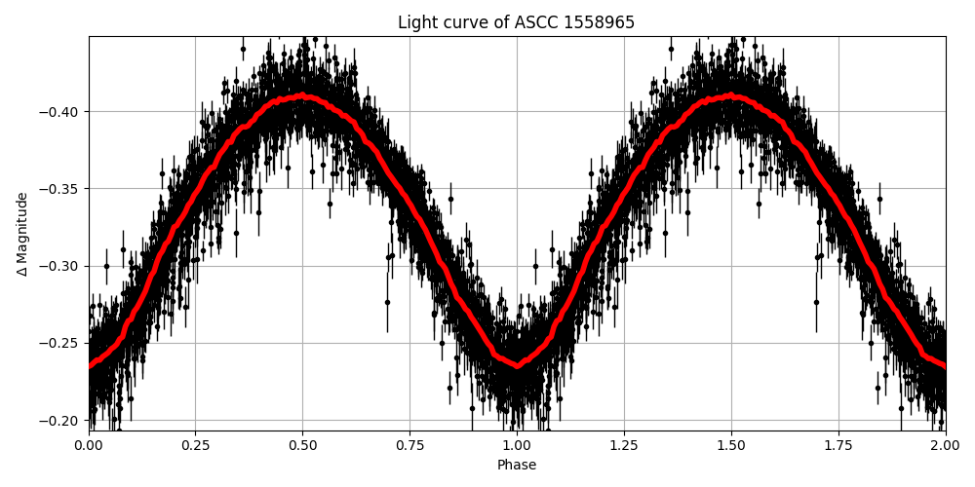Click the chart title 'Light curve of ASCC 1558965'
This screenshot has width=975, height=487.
516,22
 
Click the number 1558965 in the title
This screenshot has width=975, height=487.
599,22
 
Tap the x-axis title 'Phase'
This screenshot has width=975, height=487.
517,466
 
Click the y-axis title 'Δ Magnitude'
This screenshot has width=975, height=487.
22,234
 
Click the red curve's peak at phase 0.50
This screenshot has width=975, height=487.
302,96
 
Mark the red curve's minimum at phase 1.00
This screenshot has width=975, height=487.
517,366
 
